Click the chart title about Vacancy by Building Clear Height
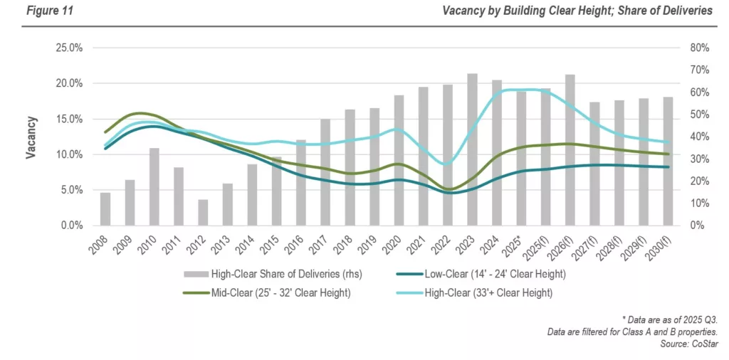[577, 11]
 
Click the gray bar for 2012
[203, 213]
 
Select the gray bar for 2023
[472, 150]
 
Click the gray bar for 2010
[154, 187]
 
